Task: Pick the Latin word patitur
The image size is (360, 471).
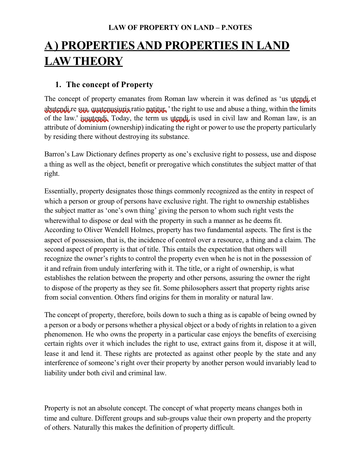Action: [156, 109]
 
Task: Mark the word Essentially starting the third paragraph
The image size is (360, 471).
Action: [61, 191]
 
